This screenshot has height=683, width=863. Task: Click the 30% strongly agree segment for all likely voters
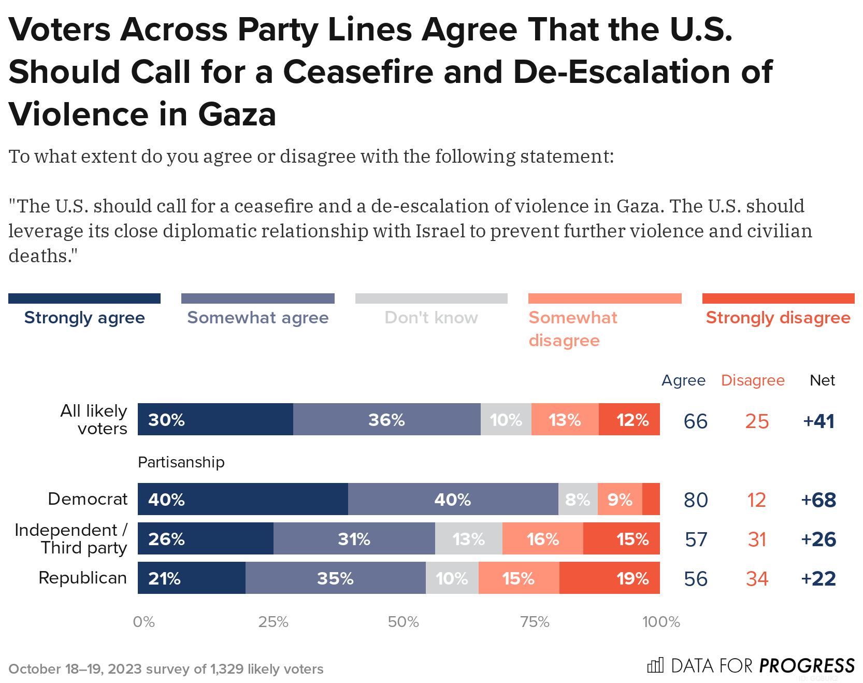coord(215,419)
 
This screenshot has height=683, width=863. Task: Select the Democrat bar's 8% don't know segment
coord(578,499)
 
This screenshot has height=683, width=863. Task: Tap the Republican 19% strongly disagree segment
coord(609,578)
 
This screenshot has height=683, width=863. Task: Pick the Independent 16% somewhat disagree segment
coord(542,538)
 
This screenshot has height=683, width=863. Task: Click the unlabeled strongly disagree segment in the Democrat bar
coord(651,499)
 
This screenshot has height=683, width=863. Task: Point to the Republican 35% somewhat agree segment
coord(335,578)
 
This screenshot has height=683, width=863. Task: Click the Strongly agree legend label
coord(84,318)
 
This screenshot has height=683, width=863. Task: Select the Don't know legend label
coord(431,318)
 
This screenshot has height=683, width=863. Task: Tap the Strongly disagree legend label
coord(778,318)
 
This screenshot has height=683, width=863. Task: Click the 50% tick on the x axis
coord(403,622)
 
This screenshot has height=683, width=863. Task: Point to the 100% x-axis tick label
coord(661,622)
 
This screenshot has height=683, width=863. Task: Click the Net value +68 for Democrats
coord(818,500)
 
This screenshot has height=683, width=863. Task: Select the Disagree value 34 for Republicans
coord(757,579)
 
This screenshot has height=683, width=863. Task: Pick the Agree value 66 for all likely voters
coord(696,421)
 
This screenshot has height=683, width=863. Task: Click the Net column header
coord(822,380)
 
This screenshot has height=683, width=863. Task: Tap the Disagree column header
coord(753,380)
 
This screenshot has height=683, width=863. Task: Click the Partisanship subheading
coord(181,462)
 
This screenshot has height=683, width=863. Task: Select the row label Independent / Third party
coord(71,539)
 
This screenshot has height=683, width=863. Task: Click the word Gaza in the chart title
coord(237,115)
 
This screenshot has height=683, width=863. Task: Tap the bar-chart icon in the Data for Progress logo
coord(655,665)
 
